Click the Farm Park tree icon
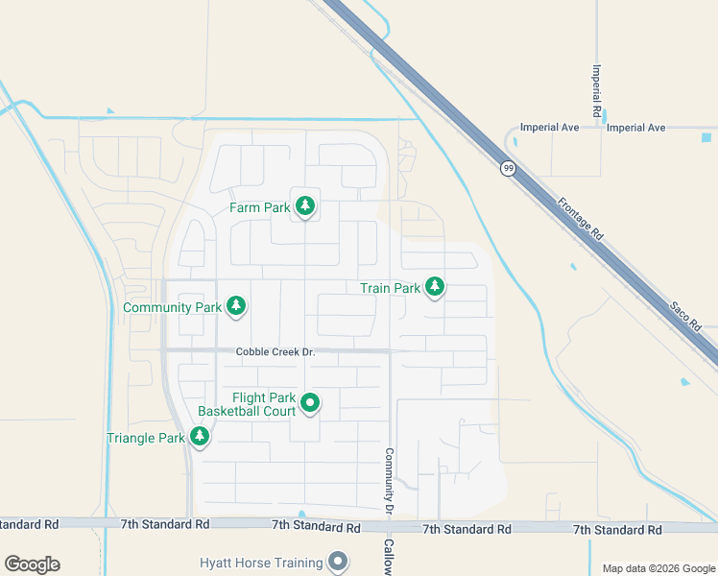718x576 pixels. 305,205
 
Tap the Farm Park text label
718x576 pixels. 259,207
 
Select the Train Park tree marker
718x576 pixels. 435,286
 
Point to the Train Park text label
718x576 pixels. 390,288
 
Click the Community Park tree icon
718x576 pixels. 236,306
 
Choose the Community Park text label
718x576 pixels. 173,308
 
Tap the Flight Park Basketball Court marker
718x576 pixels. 310,403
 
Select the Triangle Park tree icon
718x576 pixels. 200,437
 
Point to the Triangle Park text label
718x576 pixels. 145,439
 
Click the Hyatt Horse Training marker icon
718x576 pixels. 337,561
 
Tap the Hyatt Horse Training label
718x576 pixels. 261,563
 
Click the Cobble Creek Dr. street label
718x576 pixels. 275,352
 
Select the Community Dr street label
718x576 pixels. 390,479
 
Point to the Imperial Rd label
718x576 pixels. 597,85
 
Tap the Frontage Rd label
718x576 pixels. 580,219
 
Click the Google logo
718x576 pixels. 33,564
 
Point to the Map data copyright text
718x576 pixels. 658,568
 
